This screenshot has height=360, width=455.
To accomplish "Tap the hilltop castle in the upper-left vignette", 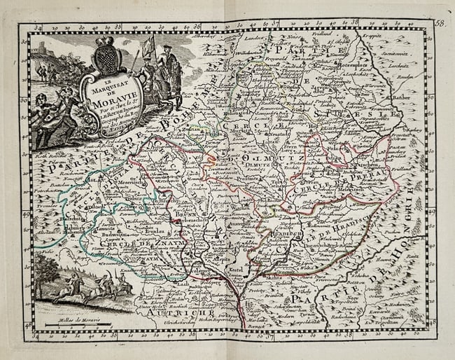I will pos(43,49).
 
